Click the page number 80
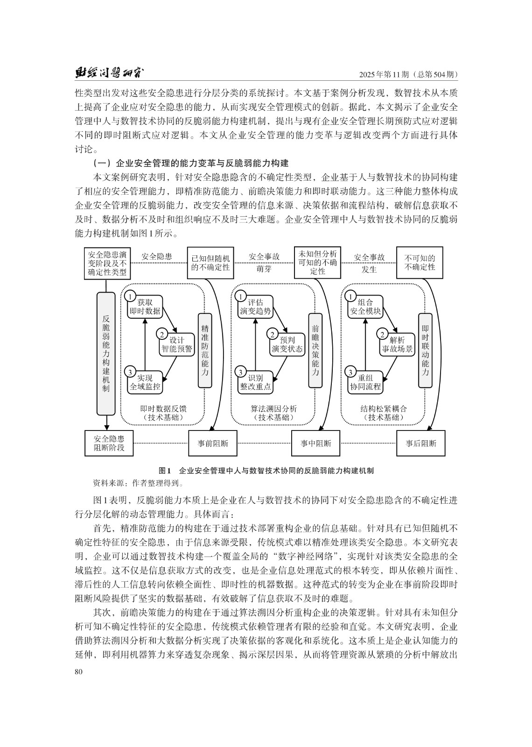tap(78, 671)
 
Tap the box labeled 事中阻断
tap(316, 443)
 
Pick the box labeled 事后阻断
tap(420, 443)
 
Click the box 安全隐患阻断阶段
tap(109, 443)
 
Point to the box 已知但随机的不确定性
tap(210, 263)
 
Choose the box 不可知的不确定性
tap(420, 263)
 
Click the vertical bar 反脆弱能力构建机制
tap(106, 353)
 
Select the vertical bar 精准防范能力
tap(205, 350)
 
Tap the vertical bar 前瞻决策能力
tap(315, 350)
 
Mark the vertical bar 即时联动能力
tap(425, 350)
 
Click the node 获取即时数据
tap(146, 307)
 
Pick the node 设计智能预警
tap(176, 344)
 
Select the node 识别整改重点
tap(255, 382)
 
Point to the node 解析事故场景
tap(398, 344)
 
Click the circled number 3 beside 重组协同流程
tap(350, 372)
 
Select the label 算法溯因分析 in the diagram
tap(273, 409)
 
